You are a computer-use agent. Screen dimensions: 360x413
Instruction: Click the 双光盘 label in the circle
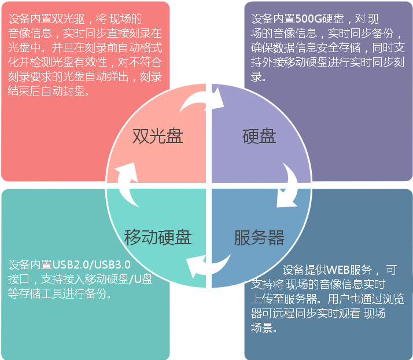(x=158, y=136)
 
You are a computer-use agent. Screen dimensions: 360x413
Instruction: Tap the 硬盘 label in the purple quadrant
(x=259, y=136)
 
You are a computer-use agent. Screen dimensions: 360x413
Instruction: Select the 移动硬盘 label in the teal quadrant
(x=158, y=237)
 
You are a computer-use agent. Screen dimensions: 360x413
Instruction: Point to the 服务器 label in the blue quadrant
(x=259, y=237)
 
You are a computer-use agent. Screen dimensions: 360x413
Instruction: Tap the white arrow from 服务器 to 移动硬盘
(x=207, y=267)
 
